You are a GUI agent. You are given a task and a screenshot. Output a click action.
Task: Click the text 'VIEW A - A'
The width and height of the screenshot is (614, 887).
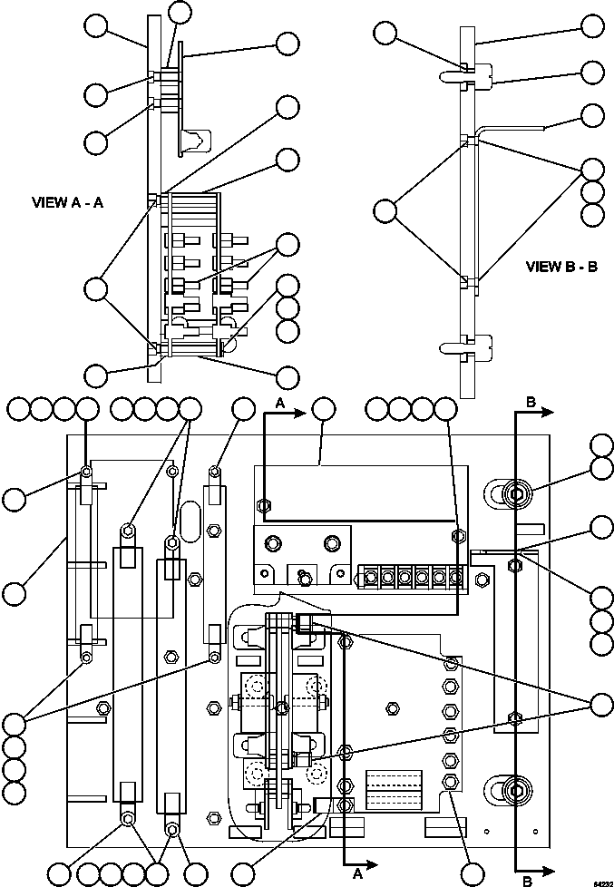67,203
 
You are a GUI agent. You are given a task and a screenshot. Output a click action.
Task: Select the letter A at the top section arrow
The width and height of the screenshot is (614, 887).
281,402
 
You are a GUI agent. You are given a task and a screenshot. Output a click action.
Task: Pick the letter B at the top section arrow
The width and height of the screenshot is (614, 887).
530,400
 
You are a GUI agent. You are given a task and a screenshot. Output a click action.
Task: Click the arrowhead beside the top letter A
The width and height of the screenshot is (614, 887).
300,414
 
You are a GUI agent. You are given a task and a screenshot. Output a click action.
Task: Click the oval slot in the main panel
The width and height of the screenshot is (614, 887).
191,523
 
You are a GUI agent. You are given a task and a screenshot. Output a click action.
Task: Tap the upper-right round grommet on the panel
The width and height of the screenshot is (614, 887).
513,495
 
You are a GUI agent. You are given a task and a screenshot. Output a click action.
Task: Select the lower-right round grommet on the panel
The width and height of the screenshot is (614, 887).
513,790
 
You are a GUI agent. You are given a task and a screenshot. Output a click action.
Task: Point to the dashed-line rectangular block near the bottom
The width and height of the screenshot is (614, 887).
394,789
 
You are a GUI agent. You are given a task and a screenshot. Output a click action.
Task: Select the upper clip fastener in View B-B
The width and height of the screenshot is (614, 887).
475,73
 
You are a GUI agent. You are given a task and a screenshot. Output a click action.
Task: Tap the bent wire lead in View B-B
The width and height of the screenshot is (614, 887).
512,130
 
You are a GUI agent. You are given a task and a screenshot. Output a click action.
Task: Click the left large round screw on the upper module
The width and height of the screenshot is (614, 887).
271,544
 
